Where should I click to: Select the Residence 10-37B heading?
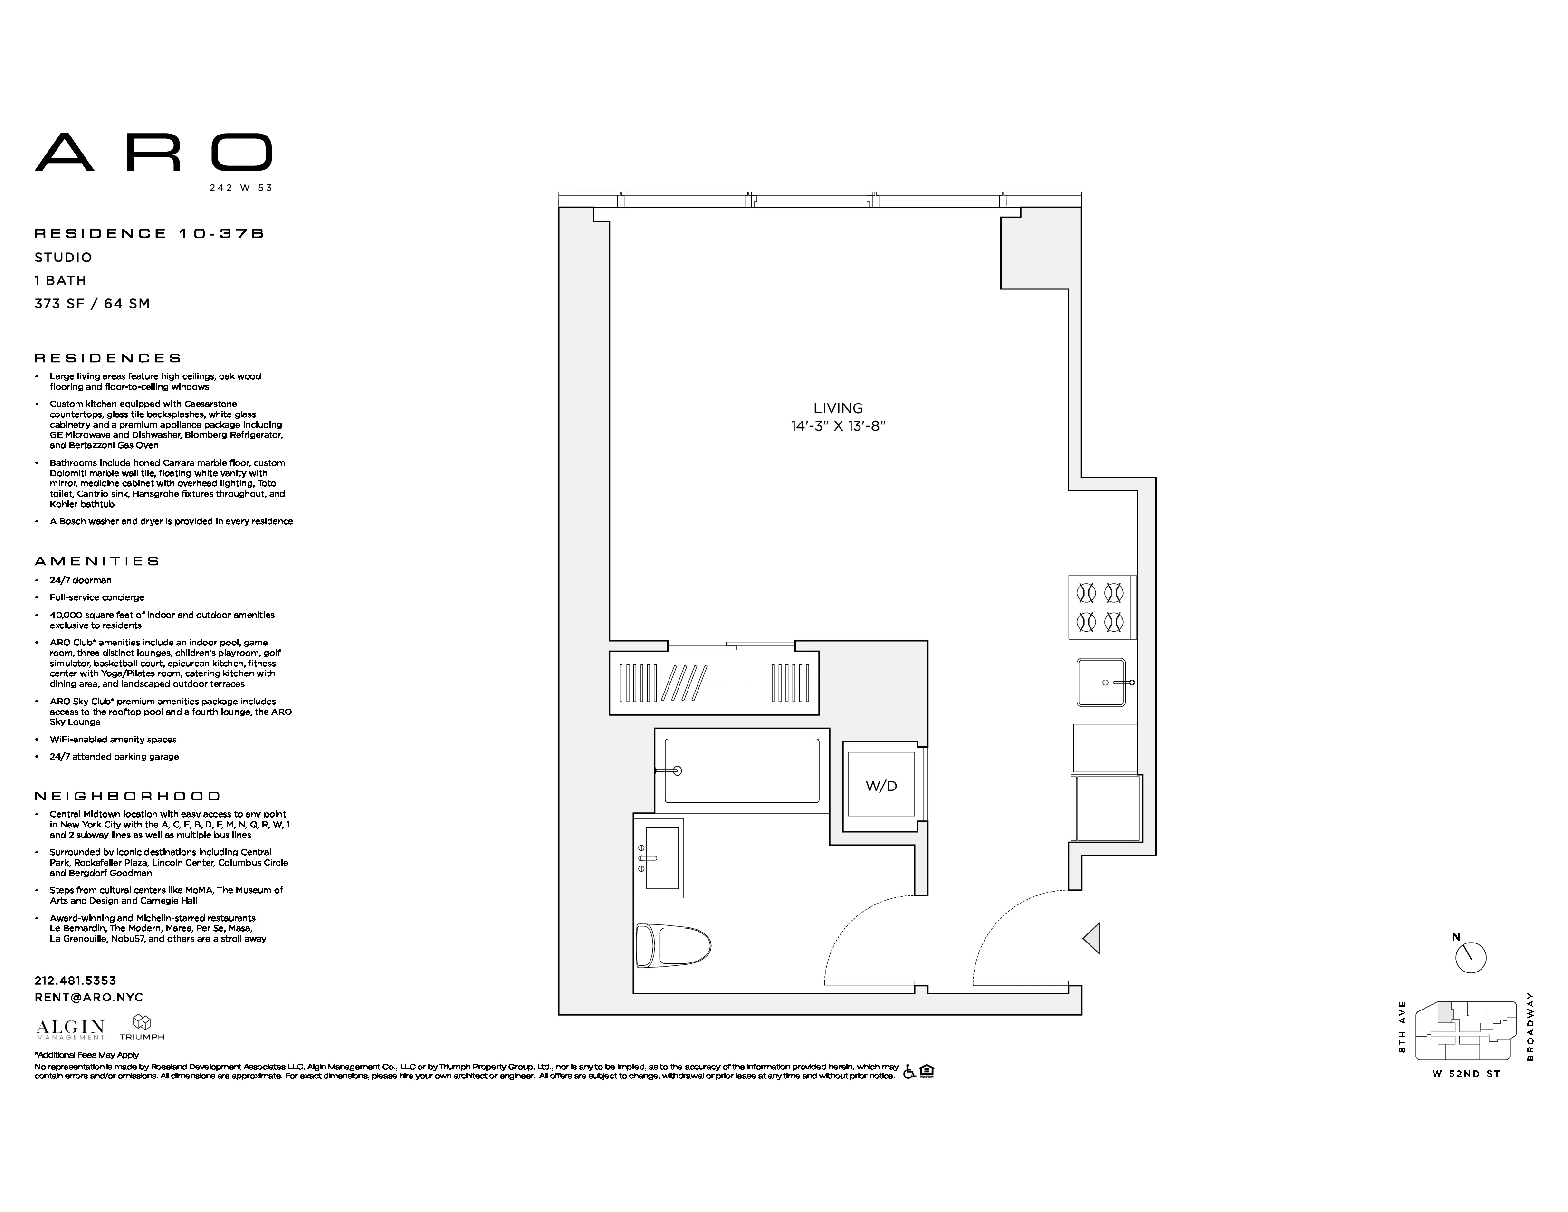[x=149, y=233]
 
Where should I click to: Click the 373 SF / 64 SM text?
[x=92, y=304]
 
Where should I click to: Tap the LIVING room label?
[x=838, y=408]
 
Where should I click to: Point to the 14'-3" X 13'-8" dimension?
[x=838, y=426]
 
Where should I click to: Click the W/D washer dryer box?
[x=881, y=786]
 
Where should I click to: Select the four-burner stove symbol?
[x=1100, y=607]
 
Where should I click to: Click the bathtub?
[x=742, y=771]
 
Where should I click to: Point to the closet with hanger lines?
[x=714, y=682]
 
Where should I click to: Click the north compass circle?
[x=1471, y=958]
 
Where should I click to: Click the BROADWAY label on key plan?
[x=1530, y=1027]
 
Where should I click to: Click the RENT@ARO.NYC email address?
[x=88, y=997]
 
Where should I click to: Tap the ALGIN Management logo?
[x=70, y=1029]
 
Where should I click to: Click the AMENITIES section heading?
[x=97, y=561]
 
